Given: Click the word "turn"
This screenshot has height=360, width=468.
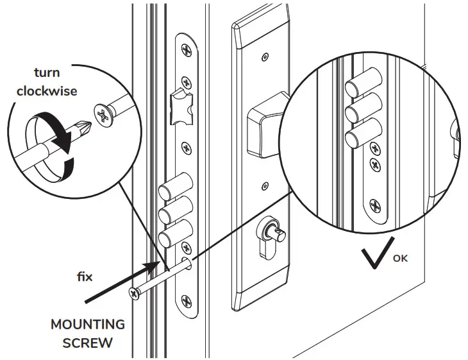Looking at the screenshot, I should (47, 73).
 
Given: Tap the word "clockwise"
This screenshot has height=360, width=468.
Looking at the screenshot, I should (47, 90).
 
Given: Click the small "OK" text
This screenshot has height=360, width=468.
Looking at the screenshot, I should (399, 259).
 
